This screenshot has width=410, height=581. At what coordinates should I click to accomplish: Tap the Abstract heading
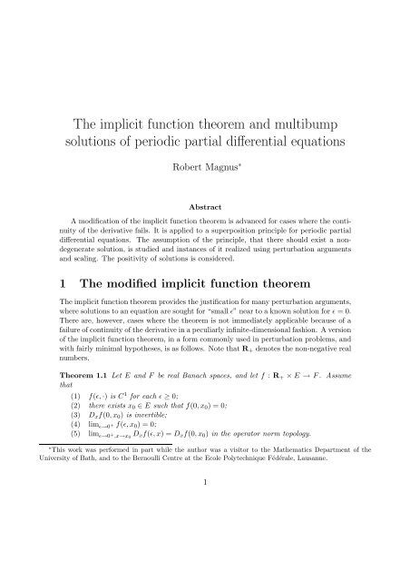(x=204, y=206)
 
